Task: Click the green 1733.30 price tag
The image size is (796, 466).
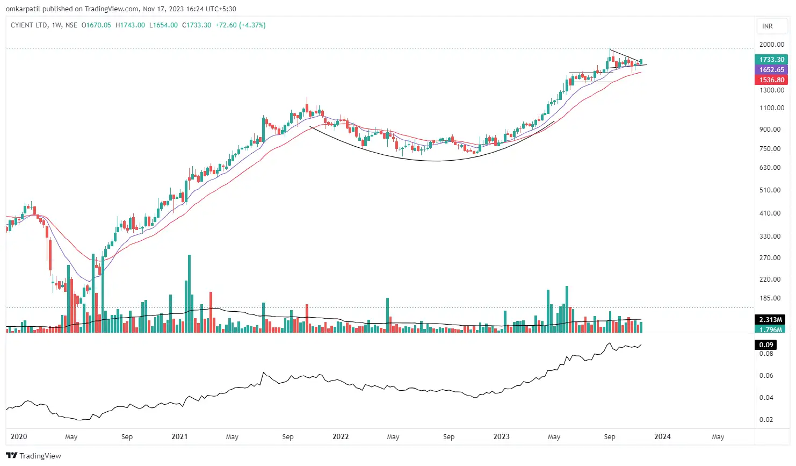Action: (772, 60)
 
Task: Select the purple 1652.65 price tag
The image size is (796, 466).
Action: (772, 70)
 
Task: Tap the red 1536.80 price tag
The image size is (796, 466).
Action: (772, 80)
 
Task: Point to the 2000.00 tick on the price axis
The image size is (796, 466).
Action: (772, 45)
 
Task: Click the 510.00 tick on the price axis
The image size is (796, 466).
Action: (770, 190)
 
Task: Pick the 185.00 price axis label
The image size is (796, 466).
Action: (770, 298)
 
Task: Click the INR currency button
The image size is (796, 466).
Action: (768, 26)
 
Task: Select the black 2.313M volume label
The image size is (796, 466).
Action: (770, 320)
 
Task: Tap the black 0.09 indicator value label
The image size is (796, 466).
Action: (766, 345)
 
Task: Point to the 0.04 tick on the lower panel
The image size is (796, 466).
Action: (766, 398)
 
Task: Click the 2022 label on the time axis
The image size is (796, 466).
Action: (341, 437)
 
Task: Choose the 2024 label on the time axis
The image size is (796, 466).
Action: (662, 437)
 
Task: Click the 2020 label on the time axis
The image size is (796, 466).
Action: (19, 437)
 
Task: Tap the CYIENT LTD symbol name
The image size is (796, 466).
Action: (29, 25)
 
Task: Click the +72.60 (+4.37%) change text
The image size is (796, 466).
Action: (240, 25)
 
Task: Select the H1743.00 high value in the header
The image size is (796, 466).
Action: (130, 25)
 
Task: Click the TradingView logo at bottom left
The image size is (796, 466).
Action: (34, 456)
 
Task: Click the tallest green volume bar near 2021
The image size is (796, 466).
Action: (189, 293)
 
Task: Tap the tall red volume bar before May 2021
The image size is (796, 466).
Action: (211, 312)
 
